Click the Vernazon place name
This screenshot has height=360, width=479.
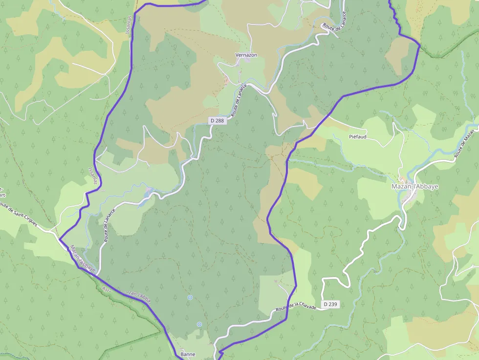coord(246,55)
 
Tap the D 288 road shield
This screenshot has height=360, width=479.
coord(218,120)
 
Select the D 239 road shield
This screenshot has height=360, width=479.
coord(330,304)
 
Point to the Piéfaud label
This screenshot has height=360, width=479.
coord(358,137)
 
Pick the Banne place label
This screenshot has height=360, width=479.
coord(188,354)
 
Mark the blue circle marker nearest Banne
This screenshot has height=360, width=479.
coord(199,324)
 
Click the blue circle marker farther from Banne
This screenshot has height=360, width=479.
coord(190,297)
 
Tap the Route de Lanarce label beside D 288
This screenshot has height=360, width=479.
coord(239,101)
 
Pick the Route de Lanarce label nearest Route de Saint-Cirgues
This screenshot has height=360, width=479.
coord(109,225)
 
